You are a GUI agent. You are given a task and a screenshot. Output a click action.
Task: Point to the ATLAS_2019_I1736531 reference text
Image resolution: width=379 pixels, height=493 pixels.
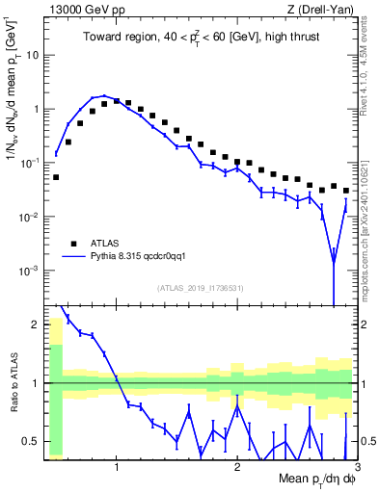pos(201,288)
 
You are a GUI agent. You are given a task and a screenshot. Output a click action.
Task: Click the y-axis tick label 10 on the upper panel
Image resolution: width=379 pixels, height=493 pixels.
pos(33,55)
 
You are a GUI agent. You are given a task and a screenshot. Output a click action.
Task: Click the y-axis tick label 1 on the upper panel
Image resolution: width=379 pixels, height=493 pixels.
pos(37,109)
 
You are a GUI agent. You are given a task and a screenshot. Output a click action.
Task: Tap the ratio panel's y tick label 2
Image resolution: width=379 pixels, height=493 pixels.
pos(37,324)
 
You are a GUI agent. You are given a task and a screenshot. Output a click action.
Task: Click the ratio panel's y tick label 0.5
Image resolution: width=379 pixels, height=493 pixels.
pos(33,442)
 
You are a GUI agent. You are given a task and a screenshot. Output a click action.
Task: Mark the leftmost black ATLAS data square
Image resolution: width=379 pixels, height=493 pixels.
pos(56,177)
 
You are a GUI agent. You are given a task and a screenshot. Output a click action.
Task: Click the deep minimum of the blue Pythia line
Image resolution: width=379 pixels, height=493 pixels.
pos(334,261)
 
